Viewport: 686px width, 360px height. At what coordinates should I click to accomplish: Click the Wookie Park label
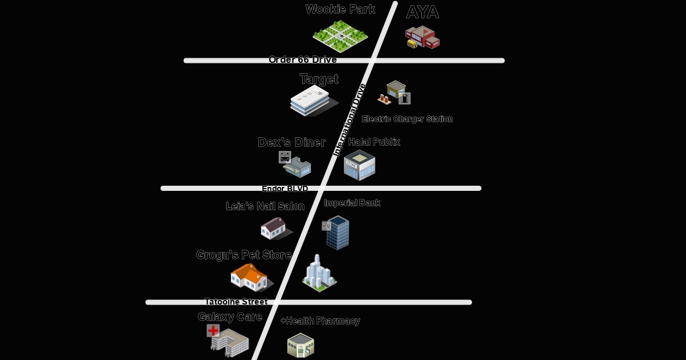(340, 9)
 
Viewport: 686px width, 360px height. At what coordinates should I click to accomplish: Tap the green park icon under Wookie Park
(340, 36)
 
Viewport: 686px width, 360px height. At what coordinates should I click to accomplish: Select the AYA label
(422, 13)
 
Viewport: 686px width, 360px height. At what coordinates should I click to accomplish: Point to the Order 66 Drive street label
(302, 59)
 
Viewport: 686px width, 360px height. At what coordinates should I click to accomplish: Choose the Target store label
(319, 79)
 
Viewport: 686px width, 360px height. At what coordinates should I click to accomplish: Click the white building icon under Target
(310, 102)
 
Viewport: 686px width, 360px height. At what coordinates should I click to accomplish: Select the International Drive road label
(350, 119)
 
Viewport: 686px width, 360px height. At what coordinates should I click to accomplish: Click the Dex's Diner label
(292, 142)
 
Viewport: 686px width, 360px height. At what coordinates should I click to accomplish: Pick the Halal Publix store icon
(360, 165)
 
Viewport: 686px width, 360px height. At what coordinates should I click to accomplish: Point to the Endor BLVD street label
(285, 189)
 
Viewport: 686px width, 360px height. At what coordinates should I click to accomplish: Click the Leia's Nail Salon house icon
(274, 229)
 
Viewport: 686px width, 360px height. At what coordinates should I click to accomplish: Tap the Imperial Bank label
(352, 203)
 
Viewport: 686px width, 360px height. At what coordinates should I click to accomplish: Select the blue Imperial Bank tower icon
(337, 233)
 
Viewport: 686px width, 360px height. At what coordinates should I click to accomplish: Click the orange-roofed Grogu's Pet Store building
(250, 277)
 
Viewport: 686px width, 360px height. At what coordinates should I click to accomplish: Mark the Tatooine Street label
(236, 302)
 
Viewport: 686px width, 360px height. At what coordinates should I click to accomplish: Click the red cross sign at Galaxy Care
(213, 330)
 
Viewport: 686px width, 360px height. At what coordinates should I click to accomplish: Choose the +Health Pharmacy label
(320, 321)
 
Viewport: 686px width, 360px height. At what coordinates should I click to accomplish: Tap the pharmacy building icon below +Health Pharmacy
(301, 346)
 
